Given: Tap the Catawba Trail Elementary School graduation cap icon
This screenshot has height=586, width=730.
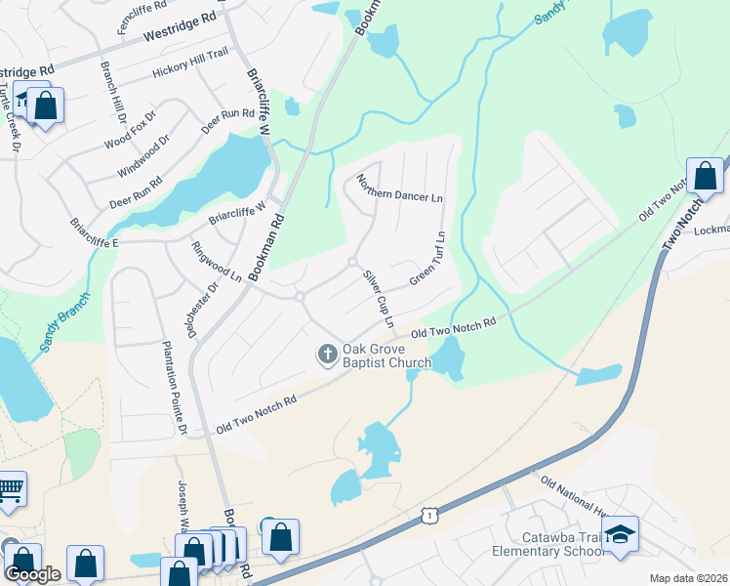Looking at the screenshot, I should [620, 534].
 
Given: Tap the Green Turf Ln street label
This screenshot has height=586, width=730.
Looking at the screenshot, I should [427, 259].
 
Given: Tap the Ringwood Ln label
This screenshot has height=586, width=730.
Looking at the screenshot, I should [216, 262].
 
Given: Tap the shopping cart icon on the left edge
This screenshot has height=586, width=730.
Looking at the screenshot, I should [10, 488].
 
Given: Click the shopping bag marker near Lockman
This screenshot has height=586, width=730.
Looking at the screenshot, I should [705, 177].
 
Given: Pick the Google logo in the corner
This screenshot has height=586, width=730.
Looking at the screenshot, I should [32, 574].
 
